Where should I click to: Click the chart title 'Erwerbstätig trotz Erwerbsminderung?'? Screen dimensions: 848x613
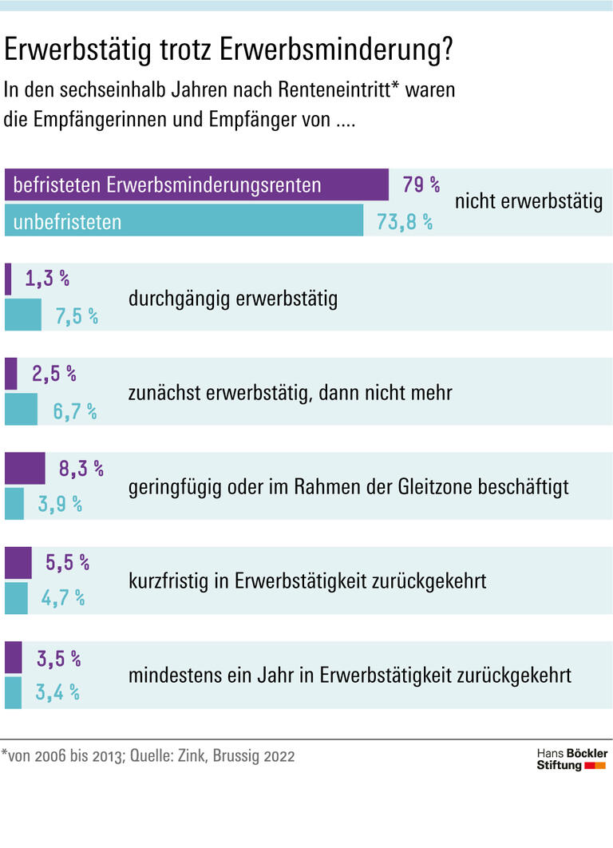[x=229, y=51]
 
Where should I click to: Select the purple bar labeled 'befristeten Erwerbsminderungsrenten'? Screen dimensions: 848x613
[x=196, y=184]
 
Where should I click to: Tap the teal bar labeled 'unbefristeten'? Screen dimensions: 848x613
[x=184, y=221]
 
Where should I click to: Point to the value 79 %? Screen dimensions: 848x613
[x=421, y=185]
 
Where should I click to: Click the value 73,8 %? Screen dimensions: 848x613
[x=405, y=222]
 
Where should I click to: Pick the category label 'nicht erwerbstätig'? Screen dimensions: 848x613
[x=528, y=202]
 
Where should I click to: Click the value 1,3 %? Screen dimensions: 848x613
[x=47, y=279]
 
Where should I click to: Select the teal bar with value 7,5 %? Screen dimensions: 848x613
[x=23, y=315]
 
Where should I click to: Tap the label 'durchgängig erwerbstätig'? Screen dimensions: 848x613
[x=232, y=299]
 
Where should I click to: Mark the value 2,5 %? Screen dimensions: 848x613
[x=53, y=373]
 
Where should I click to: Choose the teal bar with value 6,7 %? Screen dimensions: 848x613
[x=22, y=409]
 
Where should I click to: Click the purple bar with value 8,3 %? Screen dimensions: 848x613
[x=26, y=468]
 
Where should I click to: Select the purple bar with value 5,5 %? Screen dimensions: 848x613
[x=18, y=562]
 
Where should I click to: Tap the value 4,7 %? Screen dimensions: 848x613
[x=63, y=598]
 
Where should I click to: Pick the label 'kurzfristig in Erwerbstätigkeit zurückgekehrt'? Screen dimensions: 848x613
[x=306, y=581]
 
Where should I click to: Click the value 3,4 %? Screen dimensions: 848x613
[x=57, y=692]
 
